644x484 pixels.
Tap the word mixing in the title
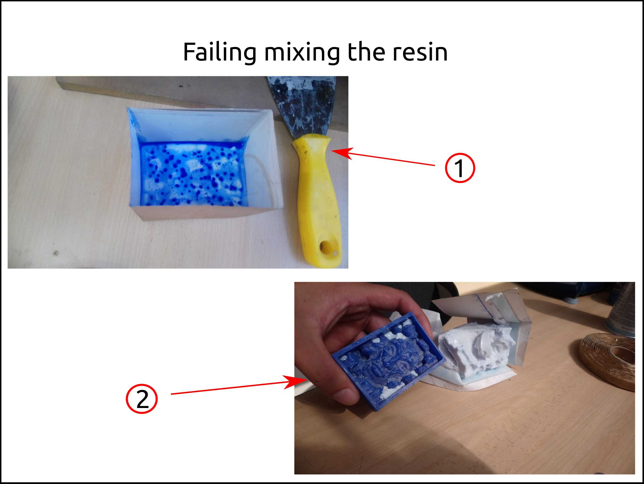coord(302,53)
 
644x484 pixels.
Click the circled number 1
coord(460,168)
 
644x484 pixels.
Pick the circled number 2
coord(142,399)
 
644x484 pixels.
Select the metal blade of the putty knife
coord(303,105)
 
